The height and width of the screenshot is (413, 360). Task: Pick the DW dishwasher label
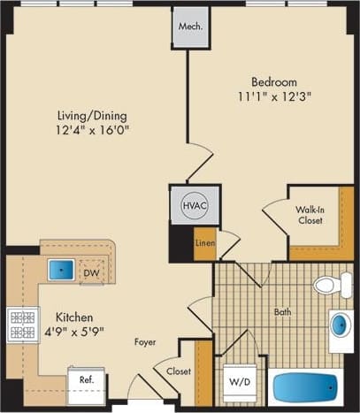(x=91, y=272)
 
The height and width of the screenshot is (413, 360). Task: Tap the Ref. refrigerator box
(x=87, y=381)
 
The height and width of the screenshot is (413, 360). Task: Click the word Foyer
(x=146, y=341)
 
